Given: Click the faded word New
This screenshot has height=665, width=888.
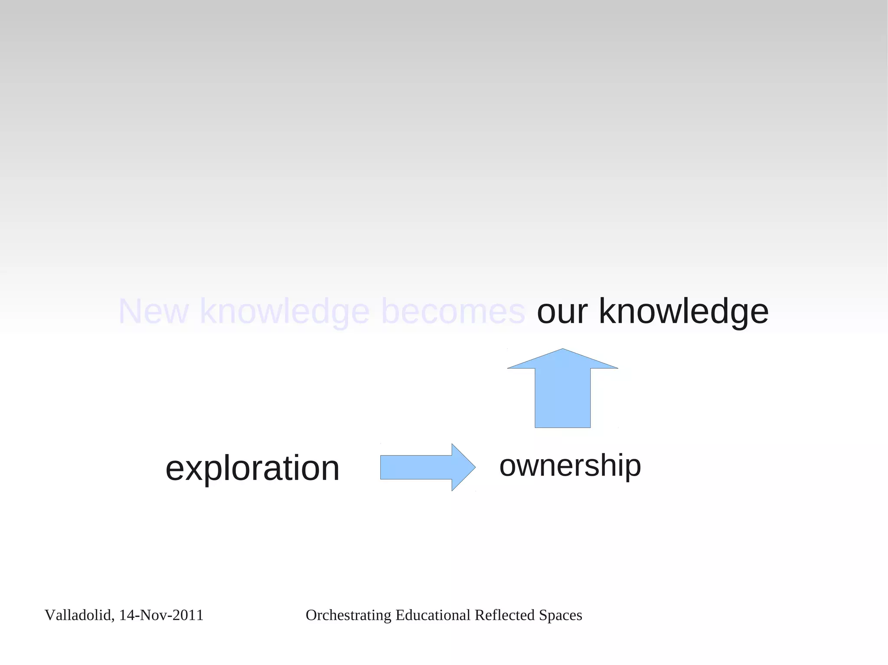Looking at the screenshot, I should click(153, 311).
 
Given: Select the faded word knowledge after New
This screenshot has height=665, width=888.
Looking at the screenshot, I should click(284, 311).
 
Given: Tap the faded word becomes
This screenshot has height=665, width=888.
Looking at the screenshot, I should click(453, 311).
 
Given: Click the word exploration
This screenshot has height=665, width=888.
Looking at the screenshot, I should click(252, 468).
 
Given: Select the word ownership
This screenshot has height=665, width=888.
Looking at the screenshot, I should click(570, 466).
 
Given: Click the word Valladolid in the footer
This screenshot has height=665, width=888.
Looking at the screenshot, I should click(78, 615).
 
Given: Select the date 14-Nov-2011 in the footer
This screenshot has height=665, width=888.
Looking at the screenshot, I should click(161, 615).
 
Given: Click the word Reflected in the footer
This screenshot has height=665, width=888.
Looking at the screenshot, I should click(505, 615).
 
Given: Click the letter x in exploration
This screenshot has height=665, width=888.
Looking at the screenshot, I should click(193, 469).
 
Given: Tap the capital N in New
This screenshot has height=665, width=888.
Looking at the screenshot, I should click(130, 311).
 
